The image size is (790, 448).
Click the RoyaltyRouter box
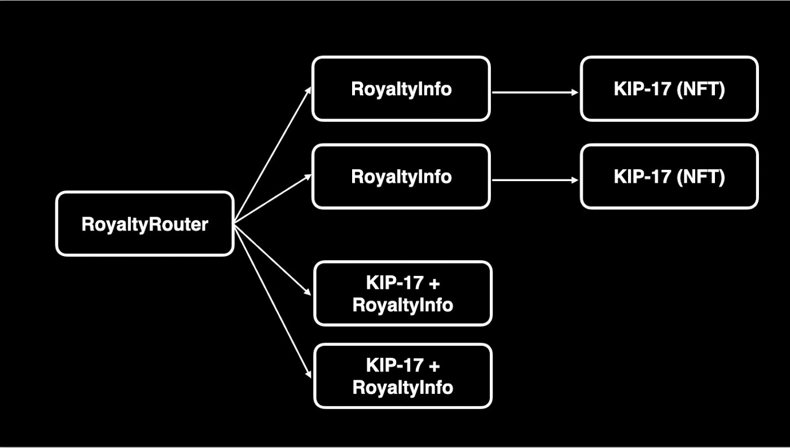pos(144,224)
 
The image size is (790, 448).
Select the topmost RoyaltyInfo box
pos(401,89)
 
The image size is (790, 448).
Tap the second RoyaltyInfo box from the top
pos(401,177)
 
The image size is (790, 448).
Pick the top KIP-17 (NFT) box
pos(669,89)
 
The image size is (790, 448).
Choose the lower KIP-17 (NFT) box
pos(669,177)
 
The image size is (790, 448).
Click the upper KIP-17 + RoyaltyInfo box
pos(403,293)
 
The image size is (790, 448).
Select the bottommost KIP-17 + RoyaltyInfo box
pos(403,376)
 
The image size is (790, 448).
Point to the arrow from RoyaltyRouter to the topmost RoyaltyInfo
pos(272,156)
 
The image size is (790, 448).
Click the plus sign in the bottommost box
pos(433,365)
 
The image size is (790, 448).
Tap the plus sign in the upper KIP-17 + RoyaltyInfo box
pos(433,283)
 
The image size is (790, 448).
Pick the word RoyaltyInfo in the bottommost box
pos(403,387)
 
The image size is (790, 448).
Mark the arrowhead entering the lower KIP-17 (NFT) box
pos(574,180)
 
